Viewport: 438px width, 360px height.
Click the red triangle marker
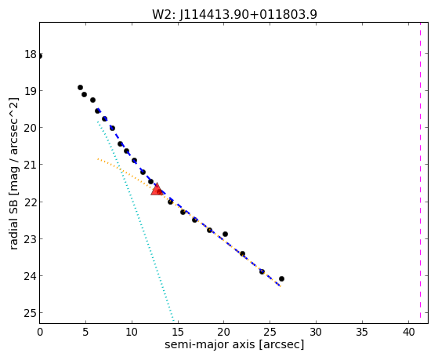coord(157,189)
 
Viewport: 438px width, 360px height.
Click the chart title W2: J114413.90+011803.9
coord(234,15)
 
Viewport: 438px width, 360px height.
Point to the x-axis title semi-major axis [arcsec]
coord(234,344)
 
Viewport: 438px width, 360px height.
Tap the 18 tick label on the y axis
coord(31,54)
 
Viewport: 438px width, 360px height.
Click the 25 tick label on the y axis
coord(31,313)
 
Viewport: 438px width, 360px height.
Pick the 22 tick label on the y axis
coord(31,202)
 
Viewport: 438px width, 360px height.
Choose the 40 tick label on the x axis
coord(409,333)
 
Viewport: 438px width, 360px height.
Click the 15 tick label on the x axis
coord(178,333)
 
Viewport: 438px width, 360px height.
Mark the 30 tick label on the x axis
coord(316,333)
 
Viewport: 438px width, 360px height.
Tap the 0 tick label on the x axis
coord(40,333)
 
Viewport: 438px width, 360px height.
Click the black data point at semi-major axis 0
coord(40,56)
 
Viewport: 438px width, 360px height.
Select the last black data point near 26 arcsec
coord(281,278)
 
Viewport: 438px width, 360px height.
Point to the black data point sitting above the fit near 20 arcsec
coord(225,234)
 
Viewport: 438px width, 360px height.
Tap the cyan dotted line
coord(136,222)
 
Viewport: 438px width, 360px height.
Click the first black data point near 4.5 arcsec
coord(80,87)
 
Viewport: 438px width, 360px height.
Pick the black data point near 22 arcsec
coord(242,253)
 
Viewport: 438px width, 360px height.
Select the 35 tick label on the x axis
coord(362,333)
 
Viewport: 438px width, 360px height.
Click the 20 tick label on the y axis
coord(31,128)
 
